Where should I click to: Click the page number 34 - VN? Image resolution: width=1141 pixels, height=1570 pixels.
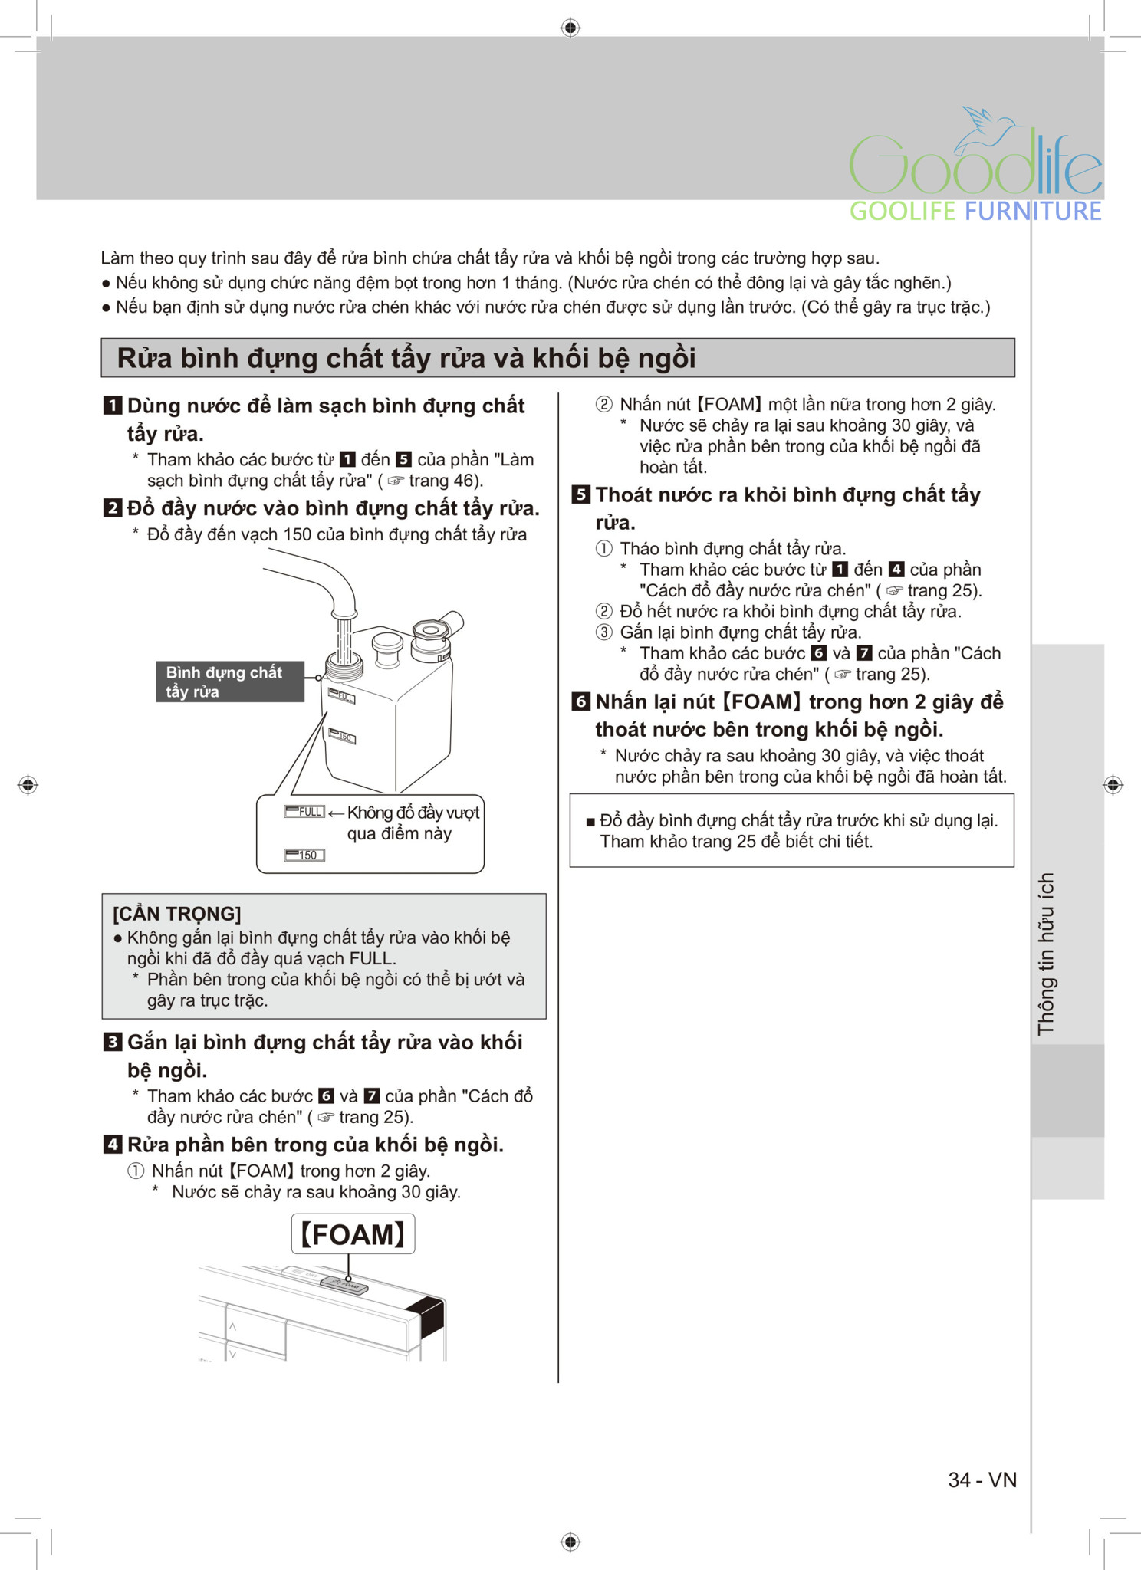[x=982, y=1480]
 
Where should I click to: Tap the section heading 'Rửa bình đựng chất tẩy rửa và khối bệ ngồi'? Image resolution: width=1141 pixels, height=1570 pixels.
[x=406, y=358]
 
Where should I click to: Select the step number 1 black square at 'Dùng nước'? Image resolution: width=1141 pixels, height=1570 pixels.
[x=113, y=406]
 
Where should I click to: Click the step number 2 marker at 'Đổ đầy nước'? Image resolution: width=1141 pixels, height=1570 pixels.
[x=113, y=508]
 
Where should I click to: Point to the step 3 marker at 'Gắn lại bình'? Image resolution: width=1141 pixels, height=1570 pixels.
[x=113, y=1042]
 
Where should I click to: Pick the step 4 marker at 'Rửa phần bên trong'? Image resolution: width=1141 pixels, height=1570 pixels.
[x=113, y=1145]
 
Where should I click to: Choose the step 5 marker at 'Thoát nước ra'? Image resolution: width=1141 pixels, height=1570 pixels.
[x=581, y=494]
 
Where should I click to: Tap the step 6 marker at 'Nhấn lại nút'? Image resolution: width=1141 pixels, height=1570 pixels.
[x=581, y=701]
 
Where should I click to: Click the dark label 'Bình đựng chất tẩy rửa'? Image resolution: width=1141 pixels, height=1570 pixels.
[x=229, y=682]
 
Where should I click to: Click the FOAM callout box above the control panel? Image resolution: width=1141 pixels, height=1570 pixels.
[x=353, y=1234]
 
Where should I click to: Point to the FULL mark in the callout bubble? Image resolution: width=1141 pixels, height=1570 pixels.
[x=304, y=812]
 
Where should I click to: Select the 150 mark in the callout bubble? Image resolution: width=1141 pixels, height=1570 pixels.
[x=304, y=855]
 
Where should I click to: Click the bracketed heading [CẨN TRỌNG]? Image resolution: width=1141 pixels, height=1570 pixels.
[x=177, y=914]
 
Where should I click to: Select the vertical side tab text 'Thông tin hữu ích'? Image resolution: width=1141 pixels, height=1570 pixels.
[x=1047, y=954]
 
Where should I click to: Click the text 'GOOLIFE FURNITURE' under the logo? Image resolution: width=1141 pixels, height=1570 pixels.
[x=975, y=211]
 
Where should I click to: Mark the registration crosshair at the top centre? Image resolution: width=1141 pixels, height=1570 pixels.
[x=570, y=28]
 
